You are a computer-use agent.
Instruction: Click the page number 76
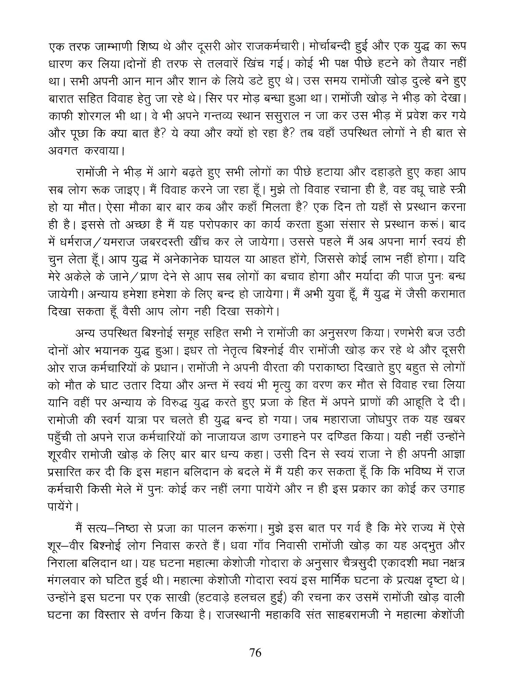256,653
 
